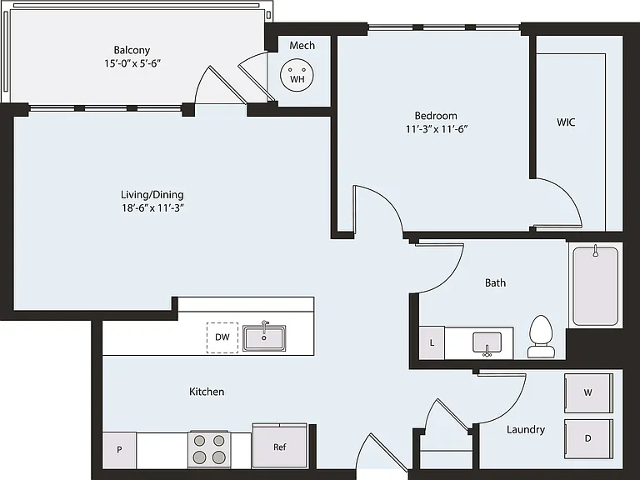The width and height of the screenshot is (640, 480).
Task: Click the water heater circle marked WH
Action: pos(297,75)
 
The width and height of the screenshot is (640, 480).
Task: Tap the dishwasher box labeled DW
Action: pos(222,337)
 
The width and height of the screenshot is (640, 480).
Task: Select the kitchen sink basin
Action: pos(264,338)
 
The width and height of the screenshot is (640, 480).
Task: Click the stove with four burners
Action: pos(209,449)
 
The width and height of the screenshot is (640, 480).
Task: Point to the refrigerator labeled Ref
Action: pos(280,447)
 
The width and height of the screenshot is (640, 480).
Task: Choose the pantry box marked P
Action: pos(119,450)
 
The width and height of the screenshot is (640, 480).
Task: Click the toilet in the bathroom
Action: pos(540,337)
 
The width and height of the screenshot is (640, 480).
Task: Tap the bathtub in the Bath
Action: pos(596,286)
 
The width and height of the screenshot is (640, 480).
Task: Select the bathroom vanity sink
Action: pos(487,342)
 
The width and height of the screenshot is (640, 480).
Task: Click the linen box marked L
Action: pos(432,342)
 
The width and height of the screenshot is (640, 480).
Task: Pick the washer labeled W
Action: pos(588,392)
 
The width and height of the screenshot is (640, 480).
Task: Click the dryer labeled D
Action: pos(588,438)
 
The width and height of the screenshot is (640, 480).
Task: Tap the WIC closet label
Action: pos(566,122)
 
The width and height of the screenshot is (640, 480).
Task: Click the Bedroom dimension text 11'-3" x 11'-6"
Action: pos(437,129)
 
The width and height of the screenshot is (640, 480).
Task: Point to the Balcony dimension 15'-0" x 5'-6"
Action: pos(132,63)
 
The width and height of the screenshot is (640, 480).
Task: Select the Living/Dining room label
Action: pos(152,195)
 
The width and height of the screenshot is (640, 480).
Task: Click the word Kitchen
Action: pos(207,392)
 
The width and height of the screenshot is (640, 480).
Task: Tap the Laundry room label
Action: pos(526,430)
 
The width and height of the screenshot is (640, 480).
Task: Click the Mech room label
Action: pos(302,45)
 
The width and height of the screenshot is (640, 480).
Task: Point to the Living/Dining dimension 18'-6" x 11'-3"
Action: pos(152,207)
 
